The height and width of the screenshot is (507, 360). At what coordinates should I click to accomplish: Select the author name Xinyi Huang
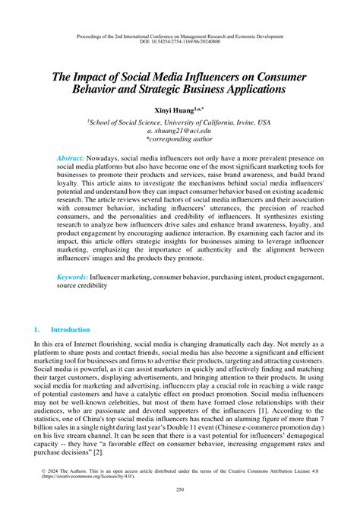[174, 109]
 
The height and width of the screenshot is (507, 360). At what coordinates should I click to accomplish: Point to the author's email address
[180, 130]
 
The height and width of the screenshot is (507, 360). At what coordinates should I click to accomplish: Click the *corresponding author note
[180, 139]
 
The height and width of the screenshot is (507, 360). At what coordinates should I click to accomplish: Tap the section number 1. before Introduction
[37, 330]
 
